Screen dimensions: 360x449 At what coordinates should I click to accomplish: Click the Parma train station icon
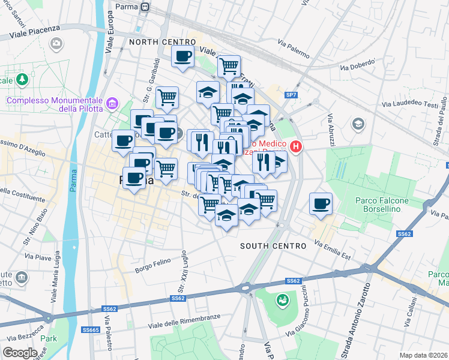(x=144, y=7)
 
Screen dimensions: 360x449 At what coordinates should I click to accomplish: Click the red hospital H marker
(x=295, y=146)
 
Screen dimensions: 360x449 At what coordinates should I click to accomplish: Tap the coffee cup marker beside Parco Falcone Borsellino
(x=321, y=203)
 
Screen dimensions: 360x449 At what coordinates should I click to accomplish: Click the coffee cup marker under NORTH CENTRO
(x=182, y=57)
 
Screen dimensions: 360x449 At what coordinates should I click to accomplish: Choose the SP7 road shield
(x=291, y=95)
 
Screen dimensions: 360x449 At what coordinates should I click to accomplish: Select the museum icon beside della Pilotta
(x=112, y=105)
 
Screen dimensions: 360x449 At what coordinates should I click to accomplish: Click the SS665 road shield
(x=90, y=329)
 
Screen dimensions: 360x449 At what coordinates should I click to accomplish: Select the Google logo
(x=20, y=353)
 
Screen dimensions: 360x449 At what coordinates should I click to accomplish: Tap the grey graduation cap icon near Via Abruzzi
(x=358, y=124)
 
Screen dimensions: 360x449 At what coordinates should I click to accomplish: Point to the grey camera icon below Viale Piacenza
(x=56, y=43)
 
